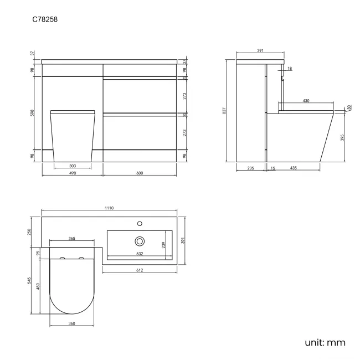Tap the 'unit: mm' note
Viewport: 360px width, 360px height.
point(325,342)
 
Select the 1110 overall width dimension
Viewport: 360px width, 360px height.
point(109,208)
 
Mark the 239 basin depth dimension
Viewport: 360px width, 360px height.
point(163,245)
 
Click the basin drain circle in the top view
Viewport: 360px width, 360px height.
point(140,241)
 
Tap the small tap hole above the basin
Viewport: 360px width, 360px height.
point(140,224)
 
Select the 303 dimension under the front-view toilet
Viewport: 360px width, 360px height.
point(72,166)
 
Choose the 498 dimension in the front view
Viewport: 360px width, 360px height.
point(72,173)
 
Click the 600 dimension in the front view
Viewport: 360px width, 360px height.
point(140,173)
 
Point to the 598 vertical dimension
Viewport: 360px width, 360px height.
point(33,113)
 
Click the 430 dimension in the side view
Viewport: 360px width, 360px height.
point(306,101)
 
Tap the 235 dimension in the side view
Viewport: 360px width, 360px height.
point(250,167)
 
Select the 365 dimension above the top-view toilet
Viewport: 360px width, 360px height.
point(72,239)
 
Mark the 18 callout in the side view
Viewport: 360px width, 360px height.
point(289,68)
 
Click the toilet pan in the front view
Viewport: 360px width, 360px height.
point(72,136)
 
